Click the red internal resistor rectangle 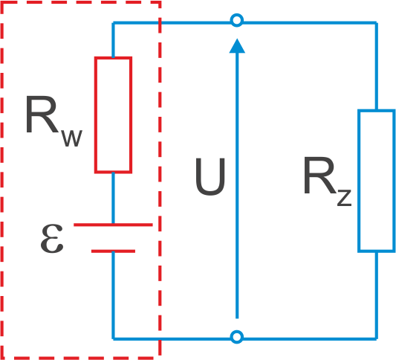coord(95,115)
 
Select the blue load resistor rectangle coord(359,181)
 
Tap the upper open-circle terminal coord(237,20)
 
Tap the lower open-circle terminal coord(237,337)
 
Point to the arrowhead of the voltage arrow coord(237,46)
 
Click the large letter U coord(210,177)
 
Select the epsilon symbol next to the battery coord(52,238)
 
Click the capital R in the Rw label coord(42,115)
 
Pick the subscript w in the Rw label coord(72,138)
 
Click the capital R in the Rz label coord(320,176)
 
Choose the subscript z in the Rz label coord(344,198)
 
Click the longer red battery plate coord(113,225)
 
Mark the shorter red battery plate coord(113,251)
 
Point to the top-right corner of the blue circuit coord(377,23)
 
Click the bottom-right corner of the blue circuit coord(377,338)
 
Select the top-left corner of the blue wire coord(113,23)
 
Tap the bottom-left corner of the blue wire coord(113,338)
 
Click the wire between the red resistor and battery coord(113,198)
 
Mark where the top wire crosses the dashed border coord(160,23)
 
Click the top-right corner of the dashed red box coord(160,2)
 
